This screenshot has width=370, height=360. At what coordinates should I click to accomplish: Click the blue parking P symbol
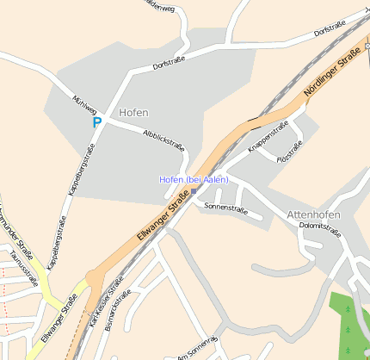click(97, 122)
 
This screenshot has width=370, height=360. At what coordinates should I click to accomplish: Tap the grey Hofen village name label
click(133, 113)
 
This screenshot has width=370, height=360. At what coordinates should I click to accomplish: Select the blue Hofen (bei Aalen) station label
click(194, 179)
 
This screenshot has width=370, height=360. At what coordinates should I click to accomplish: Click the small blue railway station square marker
click(194, 190)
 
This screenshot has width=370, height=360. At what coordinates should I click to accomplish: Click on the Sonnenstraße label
click(225, 208)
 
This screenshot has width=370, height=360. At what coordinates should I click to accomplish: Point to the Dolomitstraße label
click(319, 230)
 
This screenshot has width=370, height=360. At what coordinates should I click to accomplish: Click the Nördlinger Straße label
click(332, 72)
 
